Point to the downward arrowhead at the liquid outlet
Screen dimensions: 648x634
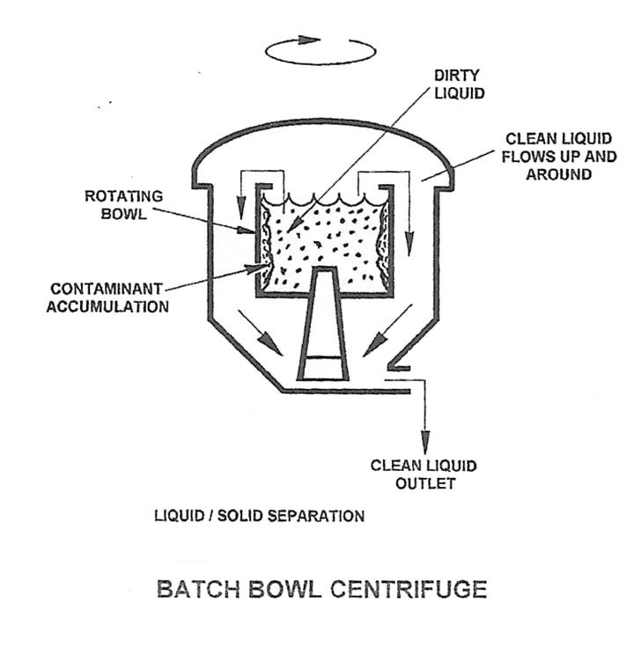[x=426, y=440]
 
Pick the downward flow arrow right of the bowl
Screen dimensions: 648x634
[x=408, y=229]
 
